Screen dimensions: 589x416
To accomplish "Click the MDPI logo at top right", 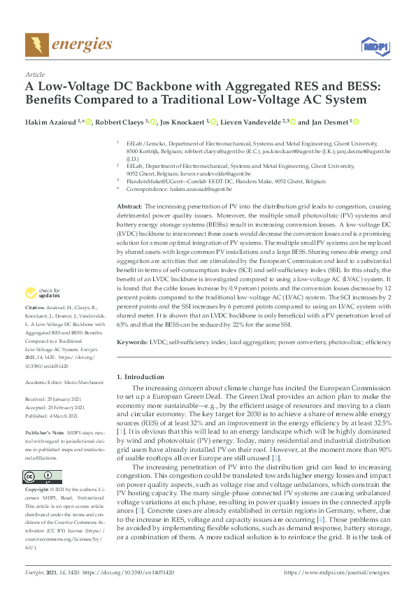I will point(374,46).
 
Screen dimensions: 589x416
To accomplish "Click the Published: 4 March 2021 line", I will point(52,416).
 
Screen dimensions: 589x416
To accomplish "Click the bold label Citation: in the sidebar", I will point(35,327).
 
